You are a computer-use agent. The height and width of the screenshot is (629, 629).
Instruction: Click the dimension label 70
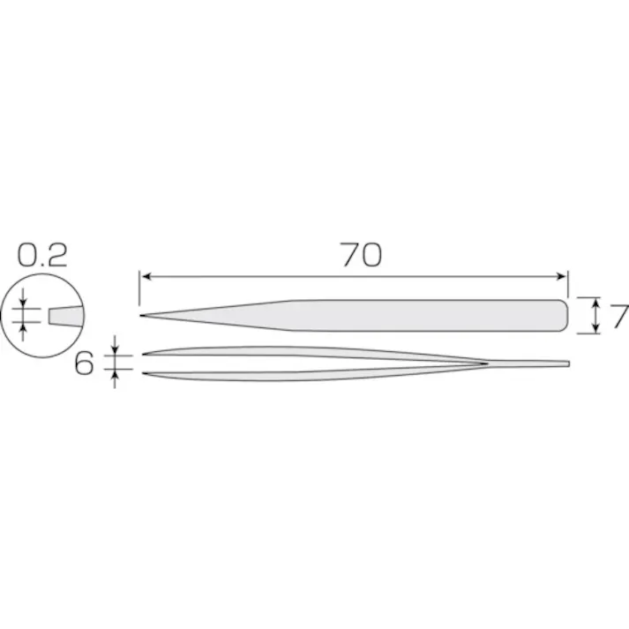pyautogui.click(x=360, y=256)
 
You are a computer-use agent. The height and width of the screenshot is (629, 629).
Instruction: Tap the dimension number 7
pyautogui.click(x=619, y=317)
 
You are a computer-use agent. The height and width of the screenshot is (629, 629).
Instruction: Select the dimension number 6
pyautogui.click(x=85, y=363)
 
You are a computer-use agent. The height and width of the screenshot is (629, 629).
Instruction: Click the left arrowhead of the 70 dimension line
pyautogui.click(x=146, y=277)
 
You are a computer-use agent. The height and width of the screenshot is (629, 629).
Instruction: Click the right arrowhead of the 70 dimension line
pyautogui.click(x=564, y=277)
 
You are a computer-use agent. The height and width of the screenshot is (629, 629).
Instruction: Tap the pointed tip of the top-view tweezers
pyautogui.click(x=142, y=317)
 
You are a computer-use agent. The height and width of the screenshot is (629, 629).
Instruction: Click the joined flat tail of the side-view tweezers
pyautogui.click(x=547, y=363)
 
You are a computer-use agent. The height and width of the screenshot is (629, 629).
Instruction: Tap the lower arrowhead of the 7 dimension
pyautogui.click(x=597, y=328)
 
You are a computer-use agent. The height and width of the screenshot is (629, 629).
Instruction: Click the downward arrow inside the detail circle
pyautogui.click(x=25, y=303)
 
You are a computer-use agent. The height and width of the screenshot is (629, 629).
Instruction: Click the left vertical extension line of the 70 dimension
pyautogui.click(x=140, y=291)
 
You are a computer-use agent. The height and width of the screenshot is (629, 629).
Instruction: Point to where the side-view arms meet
pyautogui.click(x=485, y=363)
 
